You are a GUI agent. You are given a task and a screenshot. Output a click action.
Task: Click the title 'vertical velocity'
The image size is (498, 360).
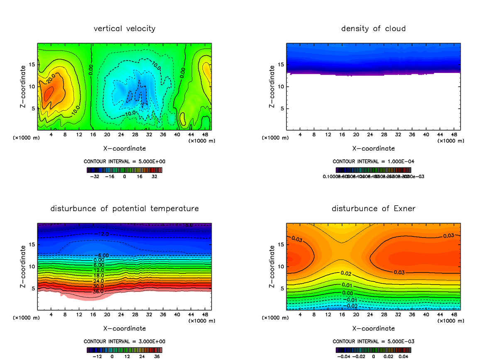(124, 29)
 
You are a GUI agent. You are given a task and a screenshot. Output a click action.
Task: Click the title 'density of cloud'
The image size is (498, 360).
(373, 29)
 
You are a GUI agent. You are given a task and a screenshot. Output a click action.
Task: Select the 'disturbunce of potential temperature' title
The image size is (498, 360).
(124, 208)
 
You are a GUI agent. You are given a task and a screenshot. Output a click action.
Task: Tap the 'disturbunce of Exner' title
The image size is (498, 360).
(373, 208)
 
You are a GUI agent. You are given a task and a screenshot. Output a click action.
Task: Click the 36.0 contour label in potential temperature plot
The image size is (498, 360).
(98, 292)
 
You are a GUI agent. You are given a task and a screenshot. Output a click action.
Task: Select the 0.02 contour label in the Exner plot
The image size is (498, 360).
(347, 273)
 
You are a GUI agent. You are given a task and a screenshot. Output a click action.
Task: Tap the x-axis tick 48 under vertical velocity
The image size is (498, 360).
(205, 135)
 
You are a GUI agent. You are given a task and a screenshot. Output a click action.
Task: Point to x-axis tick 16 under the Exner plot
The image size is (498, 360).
(342, 315)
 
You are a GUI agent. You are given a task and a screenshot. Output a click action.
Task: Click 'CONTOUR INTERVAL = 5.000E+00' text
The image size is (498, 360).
(124, 161)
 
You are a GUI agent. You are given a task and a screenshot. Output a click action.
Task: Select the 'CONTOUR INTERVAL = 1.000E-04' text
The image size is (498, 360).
(373, 161)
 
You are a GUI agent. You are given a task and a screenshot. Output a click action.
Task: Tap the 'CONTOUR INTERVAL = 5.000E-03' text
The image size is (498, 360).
(373, 341)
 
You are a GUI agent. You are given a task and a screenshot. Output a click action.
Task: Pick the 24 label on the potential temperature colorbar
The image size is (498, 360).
(142, 356)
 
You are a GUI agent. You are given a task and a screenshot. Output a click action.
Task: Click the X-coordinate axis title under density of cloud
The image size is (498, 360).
(373, 148)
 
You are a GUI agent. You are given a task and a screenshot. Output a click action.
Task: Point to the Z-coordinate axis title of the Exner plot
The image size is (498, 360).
(272, 267)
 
